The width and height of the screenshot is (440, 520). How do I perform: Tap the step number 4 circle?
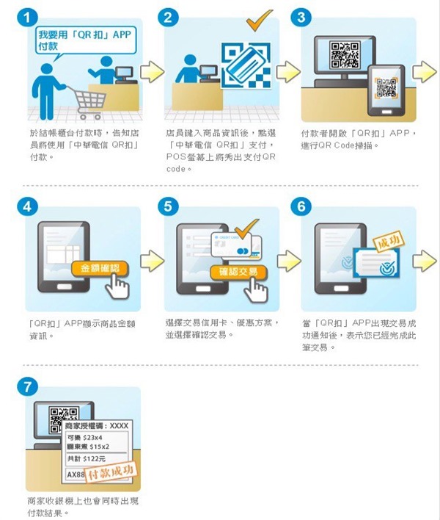point(27,206)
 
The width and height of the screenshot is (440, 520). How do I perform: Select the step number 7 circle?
point(27,386)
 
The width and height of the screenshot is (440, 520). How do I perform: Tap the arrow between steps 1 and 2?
point(151,72)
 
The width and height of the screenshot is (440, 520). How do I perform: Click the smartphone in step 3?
point(386,90)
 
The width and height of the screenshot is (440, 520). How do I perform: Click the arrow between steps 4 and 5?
point(151,261)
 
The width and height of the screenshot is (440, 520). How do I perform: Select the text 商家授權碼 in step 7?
point(86,425)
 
